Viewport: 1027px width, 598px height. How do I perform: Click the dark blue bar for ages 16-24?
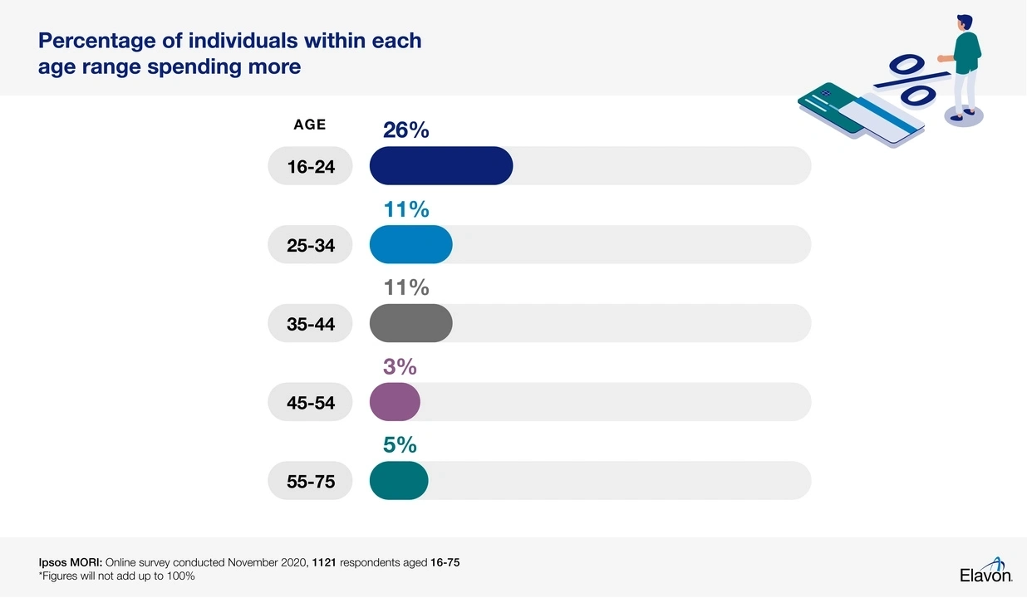pyautogui.click(x=440, y=166)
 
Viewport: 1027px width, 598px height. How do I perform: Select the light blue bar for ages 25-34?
pyautogui.click(x=410, y=244)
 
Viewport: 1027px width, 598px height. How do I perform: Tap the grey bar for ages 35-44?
pyautogui.click(x=410, y=323)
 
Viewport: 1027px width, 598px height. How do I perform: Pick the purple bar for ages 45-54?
pyautogui.click(x=395, y=402)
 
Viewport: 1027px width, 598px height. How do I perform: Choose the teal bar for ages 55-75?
pyautogui.click(x=399, y=480)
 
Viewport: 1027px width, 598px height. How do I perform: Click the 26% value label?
pyautogui.click(x=405, y=130)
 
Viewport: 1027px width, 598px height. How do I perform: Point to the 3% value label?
pyautogui.click(x=400, y=366)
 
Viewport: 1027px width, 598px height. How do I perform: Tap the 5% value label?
pyautogui.click(x=400, y=445)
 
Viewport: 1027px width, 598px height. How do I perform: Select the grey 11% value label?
pyautogui.click(x=405, y=287)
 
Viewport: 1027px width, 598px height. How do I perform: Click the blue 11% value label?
pyautogui.click(x=405, y=209)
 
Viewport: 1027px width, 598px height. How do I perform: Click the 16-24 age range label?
pyautogui.click(x=311, y=167)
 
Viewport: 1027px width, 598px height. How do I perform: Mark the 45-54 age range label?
pyautogui.click(x=311, y=403)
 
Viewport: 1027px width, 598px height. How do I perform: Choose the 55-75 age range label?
pyautogui.click(x=311, y=481)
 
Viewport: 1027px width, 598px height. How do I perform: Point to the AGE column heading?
pyautogui.click(x=310, y=125)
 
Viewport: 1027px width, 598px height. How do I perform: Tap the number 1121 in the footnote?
pyautogui.click(x=323, y=562)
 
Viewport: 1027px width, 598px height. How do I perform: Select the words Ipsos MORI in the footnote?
pyautogui.click(x=70, y=562)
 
